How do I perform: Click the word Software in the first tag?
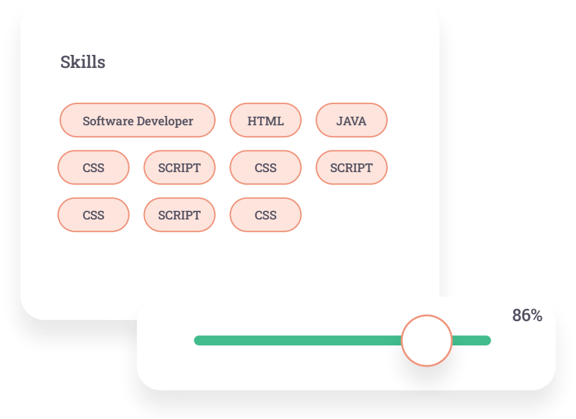pyautogui.click(x=108, y=121)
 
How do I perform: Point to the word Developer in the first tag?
pyautogui.click(x=165, y=122)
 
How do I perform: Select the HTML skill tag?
pyautogui.click(x=266, y=120)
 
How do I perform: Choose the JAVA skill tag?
pyautogui.click(x=352, y=120)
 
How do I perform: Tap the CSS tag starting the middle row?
pyautogui.click(x=94, y=168)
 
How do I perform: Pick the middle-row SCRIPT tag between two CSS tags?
pyautogui.click(x=180, y=168)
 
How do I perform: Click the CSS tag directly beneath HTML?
pyautogui.click(x=266, y=168)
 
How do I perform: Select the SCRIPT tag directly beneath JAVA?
pyautogui.click(x=352, y=168)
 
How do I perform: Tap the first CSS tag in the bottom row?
pyautogui.click(x=94, y=215)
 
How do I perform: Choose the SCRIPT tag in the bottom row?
pyautogui.click(x=180, y=215)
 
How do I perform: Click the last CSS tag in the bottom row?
pyautogui.click(x=266, y=215)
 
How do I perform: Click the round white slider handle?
pyautogui.click(x=426, y=340)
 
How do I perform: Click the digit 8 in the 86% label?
pyautogui.click(x=517, y=315)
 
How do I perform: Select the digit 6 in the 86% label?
pyautogui.click(x=526, y=315)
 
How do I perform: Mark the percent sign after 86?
pyautogui.click(x=537, y=315)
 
